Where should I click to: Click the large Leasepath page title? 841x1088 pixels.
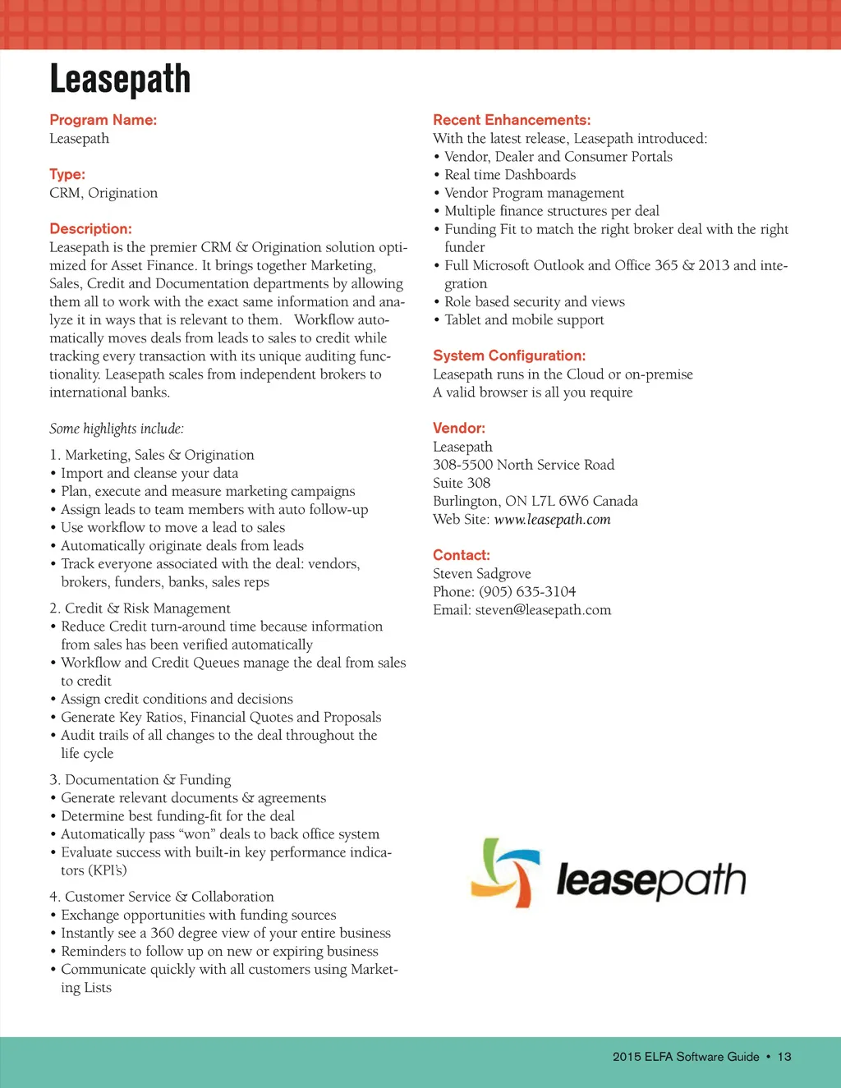pos(120,80)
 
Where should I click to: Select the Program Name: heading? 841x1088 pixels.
pos(103,120)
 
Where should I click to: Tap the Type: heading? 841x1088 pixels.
pos(67,174)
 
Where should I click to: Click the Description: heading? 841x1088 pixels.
pos(90,228)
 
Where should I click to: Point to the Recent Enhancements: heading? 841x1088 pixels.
pos(512,120)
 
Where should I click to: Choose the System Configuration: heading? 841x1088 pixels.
pos(509,356)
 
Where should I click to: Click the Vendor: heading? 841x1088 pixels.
pos(459,428)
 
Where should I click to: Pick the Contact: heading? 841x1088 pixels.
pos(462,555)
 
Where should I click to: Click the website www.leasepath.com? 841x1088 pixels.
pos(552,519)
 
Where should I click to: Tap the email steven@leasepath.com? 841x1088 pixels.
pos(543,610)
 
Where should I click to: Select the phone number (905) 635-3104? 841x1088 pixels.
pos(527,592)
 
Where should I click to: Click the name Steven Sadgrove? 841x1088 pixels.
pos(482,574)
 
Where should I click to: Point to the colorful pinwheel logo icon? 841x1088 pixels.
pos(504,873)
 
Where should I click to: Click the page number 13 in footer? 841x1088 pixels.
pos(784,1057)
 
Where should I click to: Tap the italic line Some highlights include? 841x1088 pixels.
pos(117,429)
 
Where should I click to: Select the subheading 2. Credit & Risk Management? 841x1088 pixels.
pos(140,608)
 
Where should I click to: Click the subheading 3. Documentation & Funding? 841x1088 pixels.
pos(140,780)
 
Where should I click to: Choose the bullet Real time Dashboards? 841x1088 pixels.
pos(509,175)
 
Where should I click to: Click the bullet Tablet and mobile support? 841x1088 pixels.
pos(524,320)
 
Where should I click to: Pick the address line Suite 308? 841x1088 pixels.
pos(462,483)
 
